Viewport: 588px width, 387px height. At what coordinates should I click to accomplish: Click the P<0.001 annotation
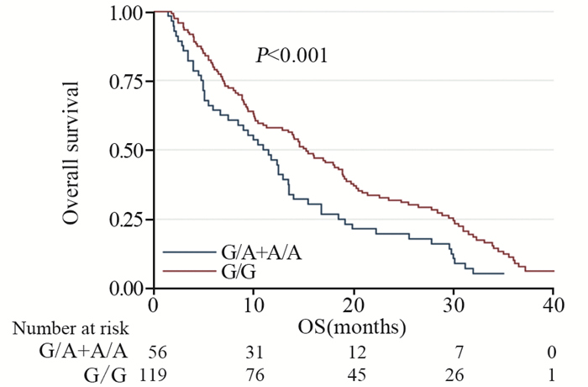291,56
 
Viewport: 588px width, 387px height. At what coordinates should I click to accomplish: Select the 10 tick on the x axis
253,304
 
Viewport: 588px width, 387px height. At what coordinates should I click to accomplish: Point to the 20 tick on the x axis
353,304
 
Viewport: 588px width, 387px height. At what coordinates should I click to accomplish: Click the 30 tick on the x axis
453,304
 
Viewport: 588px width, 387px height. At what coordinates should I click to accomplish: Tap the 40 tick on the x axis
553,304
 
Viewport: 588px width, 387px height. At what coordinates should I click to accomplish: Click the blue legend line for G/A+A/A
190,252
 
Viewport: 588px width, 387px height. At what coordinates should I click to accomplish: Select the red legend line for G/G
190,271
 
